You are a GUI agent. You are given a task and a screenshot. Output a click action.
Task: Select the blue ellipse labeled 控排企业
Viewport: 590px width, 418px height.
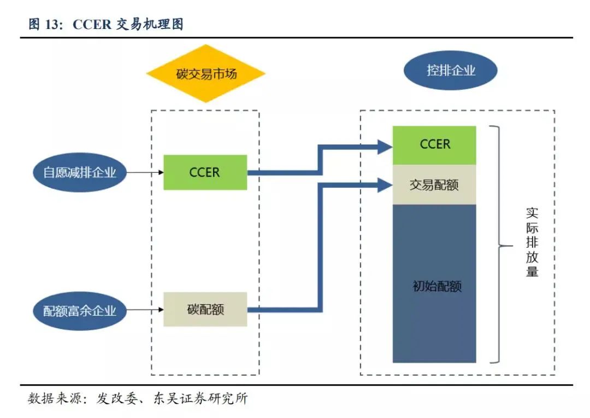(x=450, y=71)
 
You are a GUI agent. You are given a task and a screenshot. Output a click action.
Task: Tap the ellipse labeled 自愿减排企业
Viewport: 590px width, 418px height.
(x=80, y=172)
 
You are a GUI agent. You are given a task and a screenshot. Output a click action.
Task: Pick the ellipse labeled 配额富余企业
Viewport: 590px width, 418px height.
(x=80, y=310)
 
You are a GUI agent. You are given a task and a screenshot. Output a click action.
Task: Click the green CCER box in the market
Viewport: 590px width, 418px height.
(x=205, y=172)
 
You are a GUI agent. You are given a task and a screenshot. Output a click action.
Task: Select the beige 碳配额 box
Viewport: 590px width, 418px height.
(x=205, y=310)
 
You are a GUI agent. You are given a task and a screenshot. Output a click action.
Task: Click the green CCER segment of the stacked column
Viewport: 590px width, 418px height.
(x=434, y=145)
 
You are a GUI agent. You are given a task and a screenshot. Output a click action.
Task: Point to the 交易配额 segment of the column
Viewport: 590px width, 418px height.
(x=434, y=185)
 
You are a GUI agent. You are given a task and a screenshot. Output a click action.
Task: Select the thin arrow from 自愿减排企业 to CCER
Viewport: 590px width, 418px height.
(x=144, y=172)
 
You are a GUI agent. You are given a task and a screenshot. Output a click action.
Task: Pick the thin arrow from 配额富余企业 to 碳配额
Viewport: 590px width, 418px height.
(x=144, y=310)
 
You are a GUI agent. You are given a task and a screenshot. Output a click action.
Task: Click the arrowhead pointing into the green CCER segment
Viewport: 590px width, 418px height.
(x=385, y=146)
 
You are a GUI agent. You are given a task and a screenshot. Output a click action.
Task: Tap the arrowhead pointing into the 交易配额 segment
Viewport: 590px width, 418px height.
(x=385, y=186)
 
